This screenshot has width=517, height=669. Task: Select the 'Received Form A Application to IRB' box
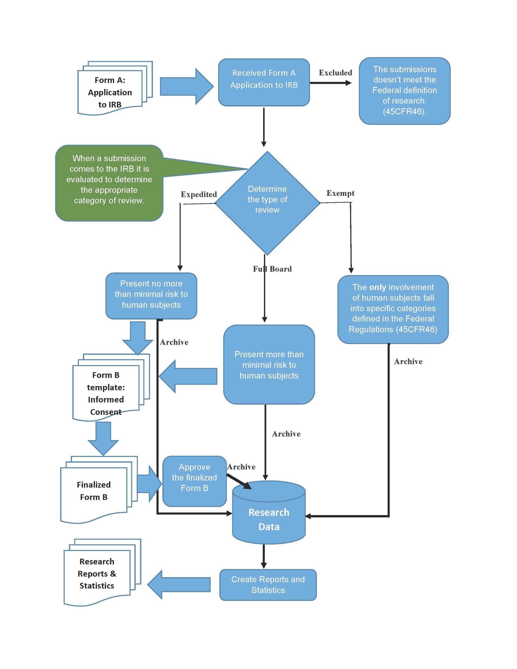(264, 82)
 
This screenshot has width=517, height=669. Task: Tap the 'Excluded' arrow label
(335, 73)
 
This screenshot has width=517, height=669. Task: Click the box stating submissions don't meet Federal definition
(404, 91)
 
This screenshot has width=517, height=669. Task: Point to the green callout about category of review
(109, 183)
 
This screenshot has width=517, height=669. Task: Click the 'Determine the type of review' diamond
(267, 202)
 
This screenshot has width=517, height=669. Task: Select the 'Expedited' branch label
(198, 194)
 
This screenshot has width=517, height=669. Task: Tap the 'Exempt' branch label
(340, 193)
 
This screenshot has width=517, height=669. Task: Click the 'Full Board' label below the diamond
(272, 269)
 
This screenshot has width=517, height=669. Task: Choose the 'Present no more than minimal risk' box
(151, 295)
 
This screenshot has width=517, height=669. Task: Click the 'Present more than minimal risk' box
(269, 365)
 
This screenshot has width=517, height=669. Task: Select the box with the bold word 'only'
(393, 309)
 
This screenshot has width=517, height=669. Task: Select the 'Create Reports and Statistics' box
(268, 584)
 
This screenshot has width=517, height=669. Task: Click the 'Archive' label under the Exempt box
(408, 362)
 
